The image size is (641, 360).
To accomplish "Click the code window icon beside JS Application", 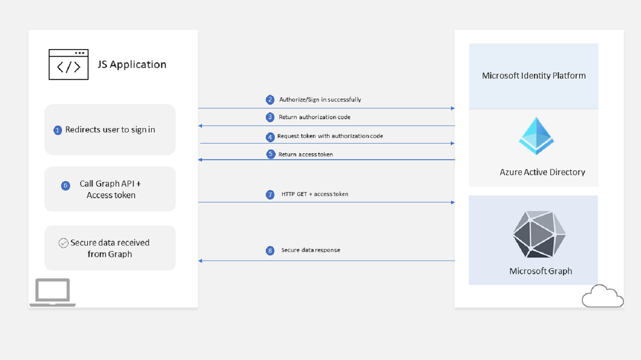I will (x=68, y=65).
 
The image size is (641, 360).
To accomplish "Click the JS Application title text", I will (x=132, y=65).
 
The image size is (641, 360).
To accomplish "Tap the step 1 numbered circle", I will (x=58, y=130).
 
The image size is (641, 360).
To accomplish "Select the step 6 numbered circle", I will (x=66, y=186).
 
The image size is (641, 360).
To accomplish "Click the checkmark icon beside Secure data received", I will (x=63, y=243).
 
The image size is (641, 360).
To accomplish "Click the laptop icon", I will (x=52, y=292).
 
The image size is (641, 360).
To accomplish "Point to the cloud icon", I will (x=603, y=296).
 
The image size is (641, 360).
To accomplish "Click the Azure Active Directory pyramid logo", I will (x=536, y=136).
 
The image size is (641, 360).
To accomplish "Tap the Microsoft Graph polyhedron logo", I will (x=539, y=235).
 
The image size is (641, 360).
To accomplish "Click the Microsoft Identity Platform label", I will (x=534, y=76).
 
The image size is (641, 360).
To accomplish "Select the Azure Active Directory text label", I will (x=542, y=172).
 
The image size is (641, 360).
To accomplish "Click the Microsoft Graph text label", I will (x=541, y=271).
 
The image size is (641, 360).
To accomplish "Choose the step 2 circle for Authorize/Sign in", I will (x=270, y=100).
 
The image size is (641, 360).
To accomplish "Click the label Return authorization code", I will (x=315, y=117).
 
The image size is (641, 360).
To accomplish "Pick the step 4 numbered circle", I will (x=270, y=137).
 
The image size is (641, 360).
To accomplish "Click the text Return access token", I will (x=306, y=154).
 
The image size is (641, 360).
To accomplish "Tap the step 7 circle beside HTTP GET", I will (x=270, y=194).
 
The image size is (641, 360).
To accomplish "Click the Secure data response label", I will (x=311, y=250).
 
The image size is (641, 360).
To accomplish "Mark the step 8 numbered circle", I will (x=270, y=251).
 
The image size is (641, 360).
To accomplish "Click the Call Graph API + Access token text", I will (x=111, y=190).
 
